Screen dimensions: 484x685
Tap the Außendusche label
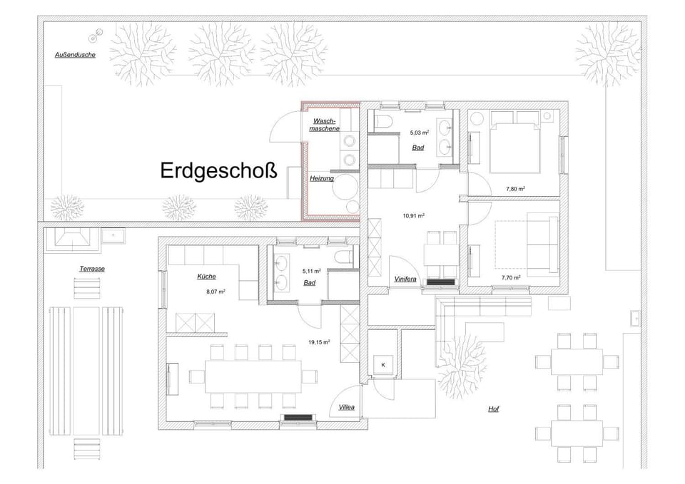pos(75,54)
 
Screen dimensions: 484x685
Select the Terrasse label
pos(93,269)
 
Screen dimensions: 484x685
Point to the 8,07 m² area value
pos(215,292)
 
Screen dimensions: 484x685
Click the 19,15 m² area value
pos(319,342)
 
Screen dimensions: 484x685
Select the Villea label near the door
pos(347,408)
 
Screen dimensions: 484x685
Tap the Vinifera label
pos(405,279)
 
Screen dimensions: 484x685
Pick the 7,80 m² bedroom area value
pos(515,189)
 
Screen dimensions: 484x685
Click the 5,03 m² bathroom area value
pos(419,133)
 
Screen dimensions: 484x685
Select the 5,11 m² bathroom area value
pos(311,271)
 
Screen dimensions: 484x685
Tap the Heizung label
pos(322,178)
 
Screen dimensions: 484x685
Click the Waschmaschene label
pos(325,125)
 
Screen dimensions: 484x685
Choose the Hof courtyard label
pos(493,409)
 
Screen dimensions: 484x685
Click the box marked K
pos(383,365)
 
